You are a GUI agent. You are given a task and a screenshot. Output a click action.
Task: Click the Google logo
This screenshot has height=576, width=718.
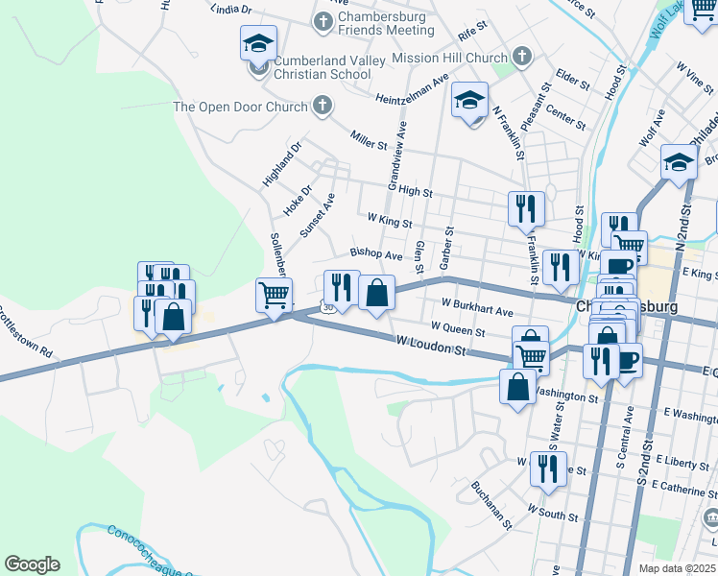[32, 564]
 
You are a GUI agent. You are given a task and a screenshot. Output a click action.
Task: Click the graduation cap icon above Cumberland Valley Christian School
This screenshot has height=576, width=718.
[258, 42]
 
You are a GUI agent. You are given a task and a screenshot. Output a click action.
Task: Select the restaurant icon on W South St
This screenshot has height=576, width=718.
[547, 468]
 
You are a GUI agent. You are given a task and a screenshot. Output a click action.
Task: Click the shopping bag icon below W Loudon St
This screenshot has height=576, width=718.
[517, 387]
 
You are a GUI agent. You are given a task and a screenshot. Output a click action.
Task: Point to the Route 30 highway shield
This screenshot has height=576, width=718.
[328, 307]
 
